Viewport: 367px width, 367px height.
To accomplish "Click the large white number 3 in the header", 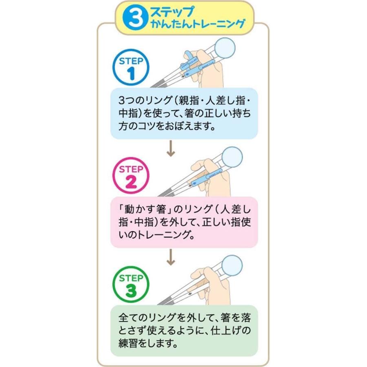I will (x=135, y=18).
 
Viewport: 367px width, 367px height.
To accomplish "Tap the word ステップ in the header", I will (x=168, y=11).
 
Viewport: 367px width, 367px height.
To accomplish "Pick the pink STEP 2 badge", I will (x=130, y=178).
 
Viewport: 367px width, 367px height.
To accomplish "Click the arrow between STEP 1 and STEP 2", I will (x=171, y=151).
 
